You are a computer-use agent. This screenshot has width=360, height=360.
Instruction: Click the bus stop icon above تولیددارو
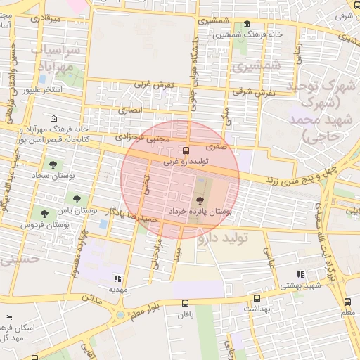(186, 150)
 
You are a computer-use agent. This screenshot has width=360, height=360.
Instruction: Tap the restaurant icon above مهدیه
(117, 278)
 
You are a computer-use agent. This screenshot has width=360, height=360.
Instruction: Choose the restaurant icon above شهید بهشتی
(301, 275)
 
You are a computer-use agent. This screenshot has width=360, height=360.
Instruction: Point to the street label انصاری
(129, 110)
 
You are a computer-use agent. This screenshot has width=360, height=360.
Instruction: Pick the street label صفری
(216, 148)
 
